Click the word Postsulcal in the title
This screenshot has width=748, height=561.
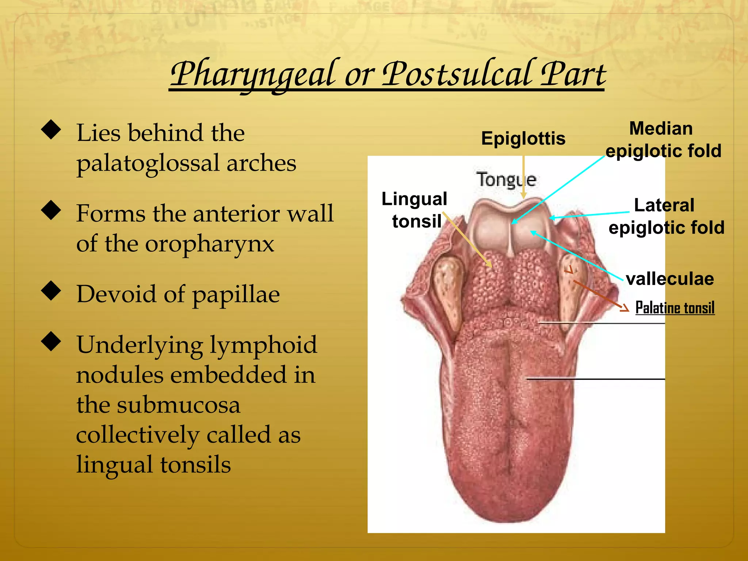click(457, 74)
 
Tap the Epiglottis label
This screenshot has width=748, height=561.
click(523, 138)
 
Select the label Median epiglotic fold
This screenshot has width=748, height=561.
click(663, 140)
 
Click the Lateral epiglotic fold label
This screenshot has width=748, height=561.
click(666, 216)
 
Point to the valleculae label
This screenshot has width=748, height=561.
click(669, 279)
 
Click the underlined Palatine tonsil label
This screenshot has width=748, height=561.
click(675, 308)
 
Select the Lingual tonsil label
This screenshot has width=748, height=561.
click(415, 210)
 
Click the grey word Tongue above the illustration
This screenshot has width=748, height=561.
click(507, 179)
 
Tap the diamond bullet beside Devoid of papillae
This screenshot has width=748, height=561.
click(51, 291)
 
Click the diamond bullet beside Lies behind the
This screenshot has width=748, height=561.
click(51, 130)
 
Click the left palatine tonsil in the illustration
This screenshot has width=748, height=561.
click(447, 289)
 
